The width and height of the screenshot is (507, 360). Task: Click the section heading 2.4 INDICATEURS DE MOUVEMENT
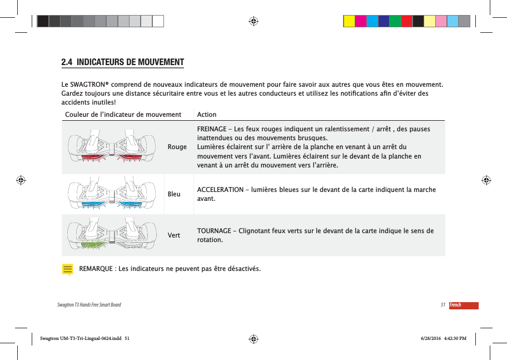122,61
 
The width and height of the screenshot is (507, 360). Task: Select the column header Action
207,115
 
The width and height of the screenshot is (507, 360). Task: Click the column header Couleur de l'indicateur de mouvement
123,115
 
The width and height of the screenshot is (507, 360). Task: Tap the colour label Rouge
177,147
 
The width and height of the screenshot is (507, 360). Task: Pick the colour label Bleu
174,194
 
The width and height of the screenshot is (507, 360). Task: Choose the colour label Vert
173,235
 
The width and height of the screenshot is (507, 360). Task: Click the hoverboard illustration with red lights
112,147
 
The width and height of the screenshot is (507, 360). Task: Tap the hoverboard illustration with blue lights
112,194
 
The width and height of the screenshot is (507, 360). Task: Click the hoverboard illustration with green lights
112,235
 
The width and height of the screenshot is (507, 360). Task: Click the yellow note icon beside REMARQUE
67,270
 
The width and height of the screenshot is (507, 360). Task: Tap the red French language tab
463,305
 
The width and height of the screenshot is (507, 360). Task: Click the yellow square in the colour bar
349,21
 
